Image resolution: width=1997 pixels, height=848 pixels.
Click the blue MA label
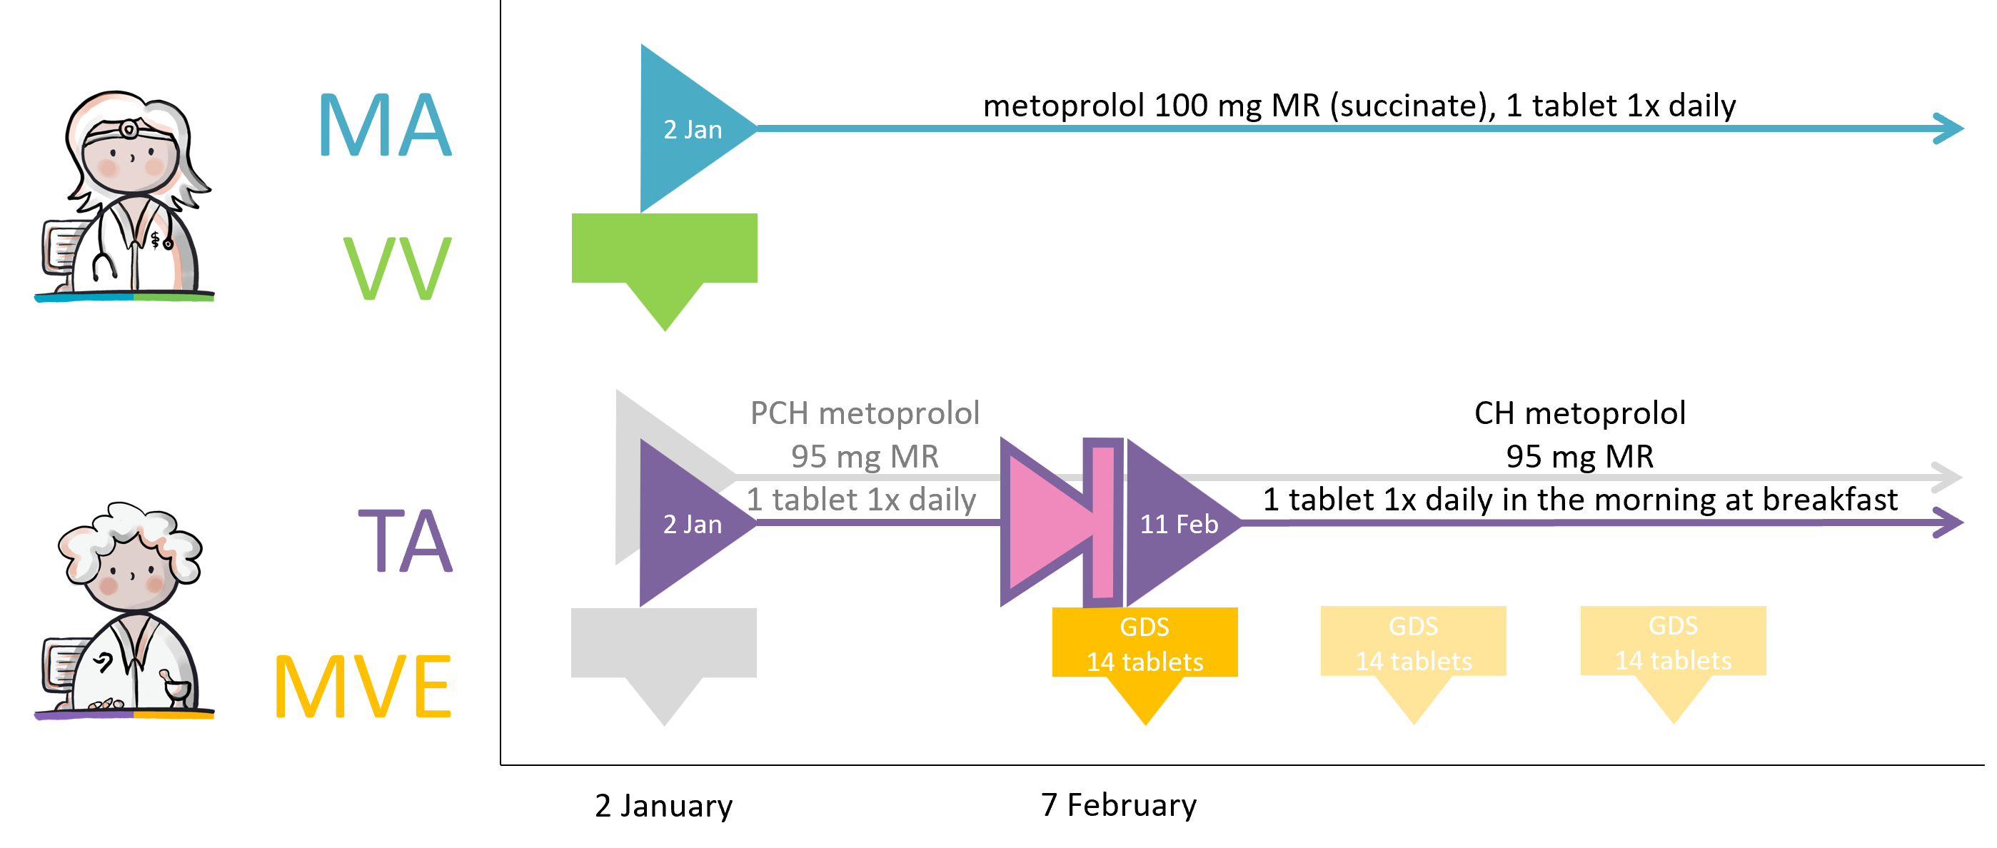(x=385, y=126)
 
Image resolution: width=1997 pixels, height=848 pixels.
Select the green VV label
(x=397, y=268)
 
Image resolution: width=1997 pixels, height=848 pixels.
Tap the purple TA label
(x=406, y=541)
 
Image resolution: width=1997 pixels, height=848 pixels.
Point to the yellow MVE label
(x=363, y=687)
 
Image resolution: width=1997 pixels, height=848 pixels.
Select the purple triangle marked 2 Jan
(x=686, y=523)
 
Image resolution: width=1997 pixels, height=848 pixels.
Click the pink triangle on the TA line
(x=1042, y=523)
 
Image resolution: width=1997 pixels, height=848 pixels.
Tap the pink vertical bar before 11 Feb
(x=1103, y=523)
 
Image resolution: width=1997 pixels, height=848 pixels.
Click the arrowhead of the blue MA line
(x=1951, y=128)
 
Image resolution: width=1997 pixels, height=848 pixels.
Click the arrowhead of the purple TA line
(x=1951, y=523)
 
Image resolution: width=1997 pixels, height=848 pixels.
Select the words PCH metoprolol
(x=865, y=413)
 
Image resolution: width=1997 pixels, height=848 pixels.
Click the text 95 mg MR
(x=865, y=457)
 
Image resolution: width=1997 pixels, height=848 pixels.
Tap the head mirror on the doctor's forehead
(x=128, y=128)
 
